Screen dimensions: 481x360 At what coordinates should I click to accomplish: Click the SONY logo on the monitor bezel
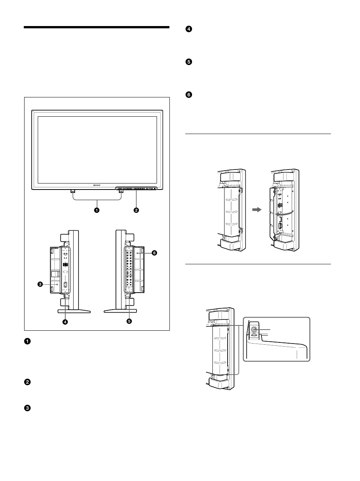[97, 185]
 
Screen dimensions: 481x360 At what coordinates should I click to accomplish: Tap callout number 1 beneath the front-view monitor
[97, 210]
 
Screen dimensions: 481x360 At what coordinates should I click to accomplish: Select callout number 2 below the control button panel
[136, 210]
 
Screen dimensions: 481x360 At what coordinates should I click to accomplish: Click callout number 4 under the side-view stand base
[65, 322]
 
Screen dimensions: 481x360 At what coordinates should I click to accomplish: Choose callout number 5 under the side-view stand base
[129, 322]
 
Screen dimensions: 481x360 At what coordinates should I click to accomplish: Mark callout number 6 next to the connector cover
[154, 253]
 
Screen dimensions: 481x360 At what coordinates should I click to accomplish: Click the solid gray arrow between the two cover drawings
[257, 210]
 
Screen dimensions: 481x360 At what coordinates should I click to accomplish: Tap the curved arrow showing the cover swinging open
[284, 213]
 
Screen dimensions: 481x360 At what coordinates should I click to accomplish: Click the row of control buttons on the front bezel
[136, 188]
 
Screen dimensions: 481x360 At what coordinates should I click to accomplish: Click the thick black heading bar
[97, 27]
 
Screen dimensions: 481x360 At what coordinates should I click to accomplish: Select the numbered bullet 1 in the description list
[27, 341]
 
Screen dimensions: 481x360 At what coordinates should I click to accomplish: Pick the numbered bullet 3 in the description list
[27, 408]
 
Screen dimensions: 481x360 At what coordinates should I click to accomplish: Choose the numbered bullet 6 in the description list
[189, 95]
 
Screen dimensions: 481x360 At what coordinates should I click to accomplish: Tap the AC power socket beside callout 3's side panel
[65, 286]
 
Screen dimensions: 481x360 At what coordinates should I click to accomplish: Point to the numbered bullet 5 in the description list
[189, 62]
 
